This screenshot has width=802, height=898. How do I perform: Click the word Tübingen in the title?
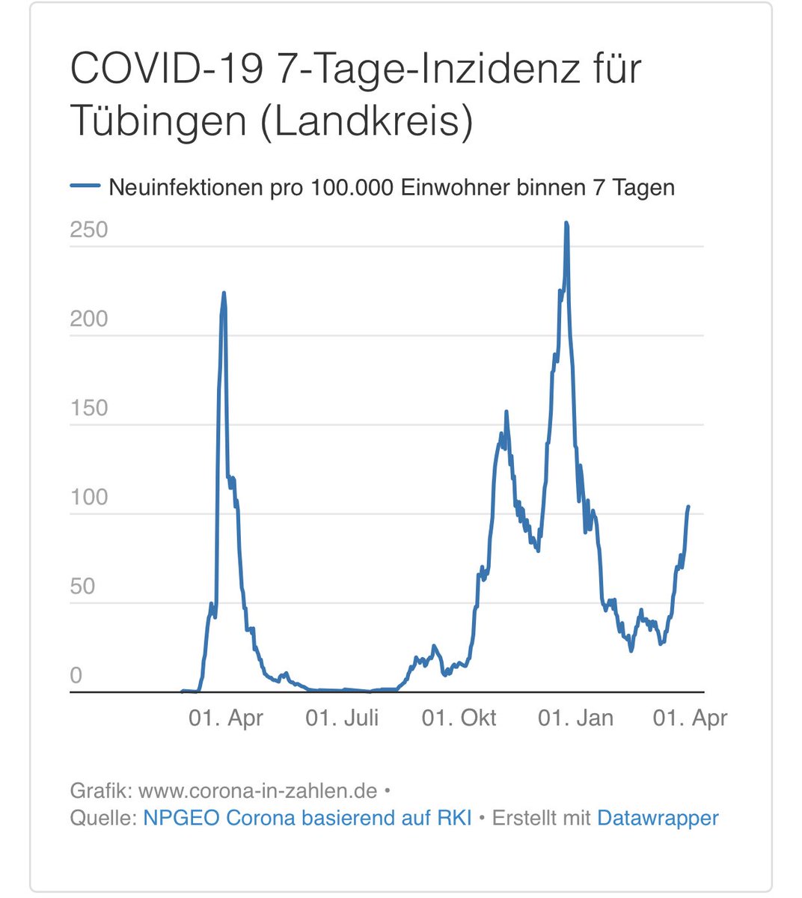pos(158,120)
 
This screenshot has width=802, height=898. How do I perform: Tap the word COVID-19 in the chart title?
pos(167,68)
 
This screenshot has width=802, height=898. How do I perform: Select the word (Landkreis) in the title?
pos(367,120)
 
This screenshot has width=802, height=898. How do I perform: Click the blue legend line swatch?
pos(85,186)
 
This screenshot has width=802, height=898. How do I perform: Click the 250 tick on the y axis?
pos(89,230)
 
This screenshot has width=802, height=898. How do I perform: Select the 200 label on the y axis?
pos(89,319)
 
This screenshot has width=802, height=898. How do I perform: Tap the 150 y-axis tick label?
pos(89,408)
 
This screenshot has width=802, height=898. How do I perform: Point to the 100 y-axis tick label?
pos(89,497)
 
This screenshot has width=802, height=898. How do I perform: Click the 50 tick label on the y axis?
pos(82,586)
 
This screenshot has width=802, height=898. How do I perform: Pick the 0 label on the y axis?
pos(76,675)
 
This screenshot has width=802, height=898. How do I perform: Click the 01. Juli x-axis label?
pos(342,718)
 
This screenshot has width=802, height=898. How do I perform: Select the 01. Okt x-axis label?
pos(459,718)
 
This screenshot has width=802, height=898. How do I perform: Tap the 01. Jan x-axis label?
pos(575,718)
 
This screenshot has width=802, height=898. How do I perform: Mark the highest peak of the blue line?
pos(566,223)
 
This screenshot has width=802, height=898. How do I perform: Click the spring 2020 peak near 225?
pos(224,293)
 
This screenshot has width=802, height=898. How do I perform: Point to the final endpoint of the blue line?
pos(688,507)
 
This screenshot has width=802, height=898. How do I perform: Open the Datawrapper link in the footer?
pos(658,818)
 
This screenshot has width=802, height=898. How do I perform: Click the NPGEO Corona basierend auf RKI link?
pos(307,818)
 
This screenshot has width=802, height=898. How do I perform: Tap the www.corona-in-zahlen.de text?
pos(257,790)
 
